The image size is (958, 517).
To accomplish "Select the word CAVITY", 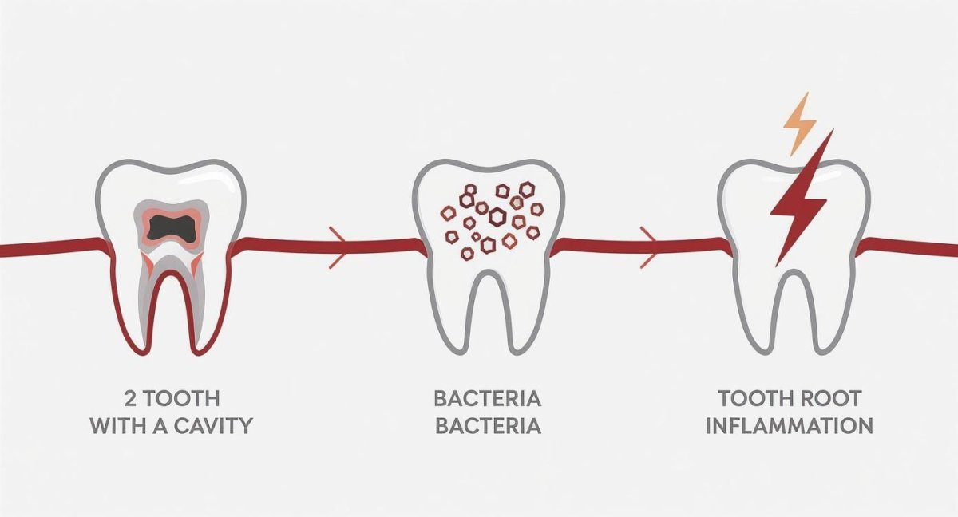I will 209,425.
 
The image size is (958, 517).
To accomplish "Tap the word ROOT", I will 834,397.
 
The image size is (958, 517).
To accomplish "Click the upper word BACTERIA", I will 487,397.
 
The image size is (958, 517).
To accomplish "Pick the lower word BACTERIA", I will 487,425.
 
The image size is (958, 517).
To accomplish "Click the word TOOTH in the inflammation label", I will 755,397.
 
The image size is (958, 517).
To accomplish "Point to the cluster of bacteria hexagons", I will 489,217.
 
